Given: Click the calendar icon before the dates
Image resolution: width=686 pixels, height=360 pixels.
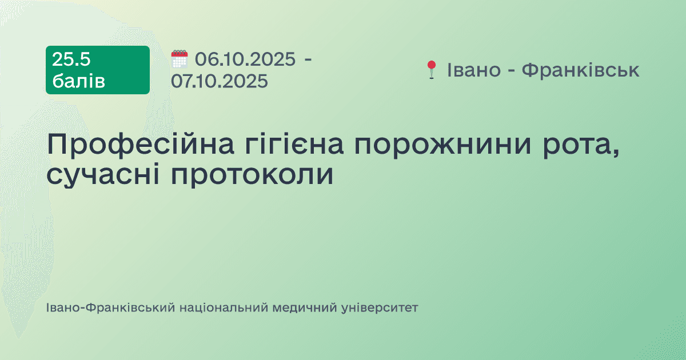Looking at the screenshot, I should pos(180,59).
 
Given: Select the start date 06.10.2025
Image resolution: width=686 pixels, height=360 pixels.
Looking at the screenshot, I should pos(245,59).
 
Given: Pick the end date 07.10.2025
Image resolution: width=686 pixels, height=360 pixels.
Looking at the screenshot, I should pos(220,81).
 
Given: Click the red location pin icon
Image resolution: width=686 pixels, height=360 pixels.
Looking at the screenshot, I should pos(431,70).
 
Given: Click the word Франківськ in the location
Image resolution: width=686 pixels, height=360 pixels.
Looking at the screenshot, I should pos(581,70).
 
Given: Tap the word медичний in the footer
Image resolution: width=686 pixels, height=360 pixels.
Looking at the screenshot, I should pos(304,308).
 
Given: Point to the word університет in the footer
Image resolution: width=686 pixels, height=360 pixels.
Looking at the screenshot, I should pos(380,308).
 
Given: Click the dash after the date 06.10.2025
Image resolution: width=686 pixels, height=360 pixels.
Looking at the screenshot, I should pos(308,59).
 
